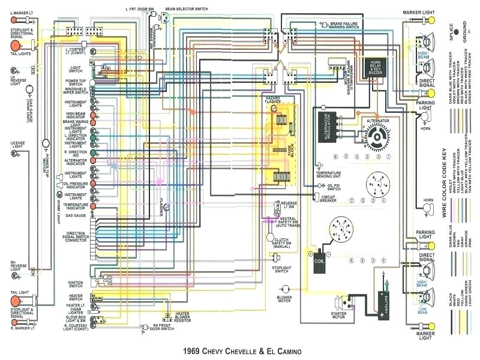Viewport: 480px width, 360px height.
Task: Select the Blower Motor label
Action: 284,298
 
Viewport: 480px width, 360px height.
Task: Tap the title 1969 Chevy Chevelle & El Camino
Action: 238,350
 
